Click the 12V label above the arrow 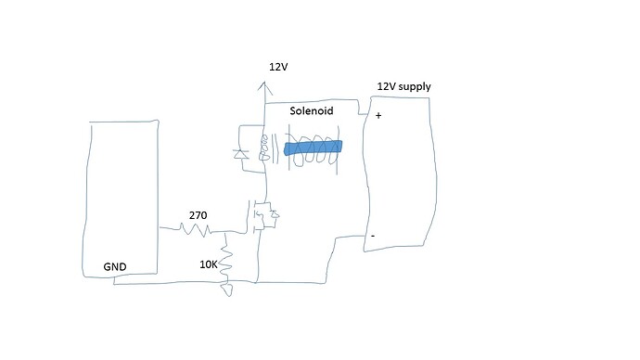coord(279,67)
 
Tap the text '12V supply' coord(403,87)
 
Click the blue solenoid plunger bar coord(313,148)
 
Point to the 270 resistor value coord(198,215)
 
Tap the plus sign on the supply coord(378,116)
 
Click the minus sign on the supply coord(373,236)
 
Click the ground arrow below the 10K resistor coord(225,289)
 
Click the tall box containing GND coord(120,195)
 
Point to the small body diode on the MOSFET coord(275,218)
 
